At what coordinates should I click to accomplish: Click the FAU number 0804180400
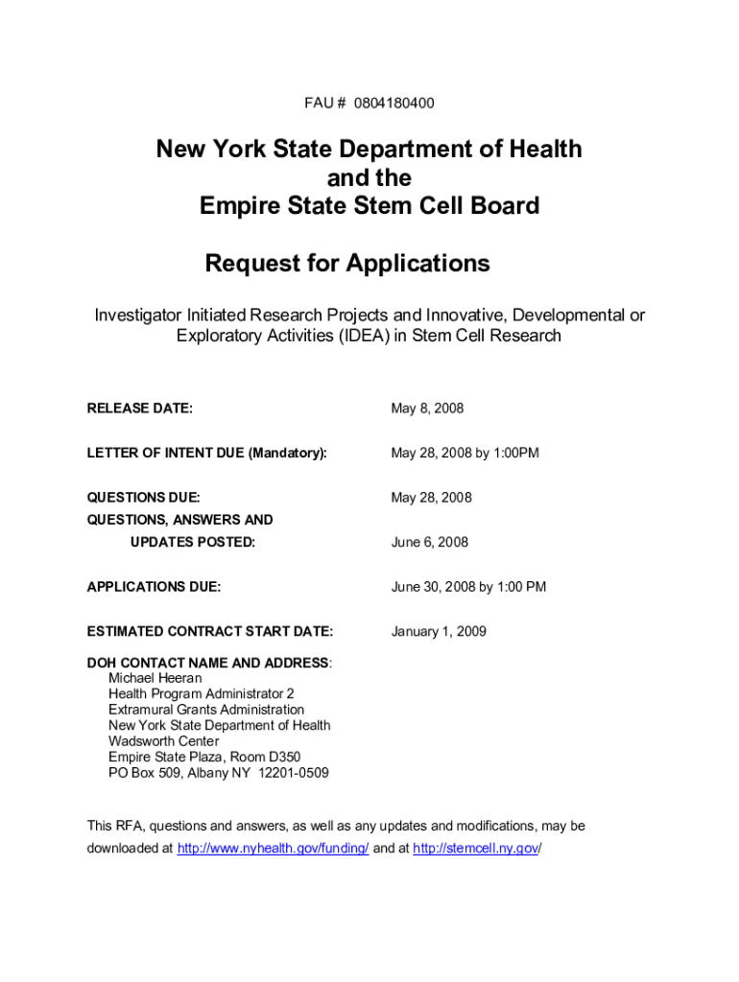(x=393, y=103)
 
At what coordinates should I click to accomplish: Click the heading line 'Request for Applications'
(x=347, y=264)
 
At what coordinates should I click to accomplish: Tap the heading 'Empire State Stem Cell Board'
(x=369, y=206)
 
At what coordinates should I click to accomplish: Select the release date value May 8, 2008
(x=427, y=409)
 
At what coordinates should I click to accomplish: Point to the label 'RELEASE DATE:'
(x=140, y=409)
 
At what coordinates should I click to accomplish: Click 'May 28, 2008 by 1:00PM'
(x=465, y=453)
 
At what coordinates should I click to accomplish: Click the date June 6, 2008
(x=429, y=542)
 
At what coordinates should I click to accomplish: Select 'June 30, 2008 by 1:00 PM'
(x=468, y=586)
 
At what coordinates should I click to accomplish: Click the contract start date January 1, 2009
(x=439, y=631)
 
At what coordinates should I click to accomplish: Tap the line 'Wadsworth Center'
(x=164, y=741)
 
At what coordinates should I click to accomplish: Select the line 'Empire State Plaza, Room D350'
(x=204, y=757)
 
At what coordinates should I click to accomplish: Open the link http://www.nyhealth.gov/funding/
(x=274, y=849)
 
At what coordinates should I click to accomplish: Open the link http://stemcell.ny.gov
(x=476, y=849)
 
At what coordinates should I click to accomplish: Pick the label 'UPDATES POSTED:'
(x=193, y=542)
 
